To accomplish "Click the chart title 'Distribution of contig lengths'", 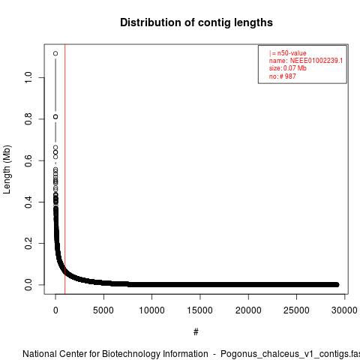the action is pos(196,22).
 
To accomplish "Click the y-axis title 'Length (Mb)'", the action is pos(7,169).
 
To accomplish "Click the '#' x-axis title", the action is pos(196,332).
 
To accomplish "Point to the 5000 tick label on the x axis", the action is pos(103,310).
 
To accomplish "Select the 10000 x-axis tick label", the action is pos(151,310).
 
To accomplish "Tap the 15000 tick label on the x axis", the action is pos(200,310).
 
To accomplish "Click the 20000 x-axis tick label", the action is pos(248,310).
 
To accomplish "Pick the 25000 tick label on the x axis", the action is pos(296,310).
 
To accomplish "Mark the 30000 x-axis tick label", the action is pos(344,310).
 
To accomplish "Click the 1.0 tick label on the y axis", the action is pos(28,77).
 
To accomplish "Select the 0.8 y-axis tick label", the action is pos(28,119).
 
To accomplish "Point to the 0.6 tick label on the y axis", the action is pos(28,160).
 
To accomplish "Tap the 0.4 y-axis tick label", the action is pos(28,202).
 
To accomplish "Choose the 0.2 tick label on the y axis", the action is pos(28,243).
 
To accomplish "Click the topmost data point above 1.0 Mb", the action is pos(55,53).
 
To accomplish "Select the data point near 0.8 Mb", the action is pos(55,117).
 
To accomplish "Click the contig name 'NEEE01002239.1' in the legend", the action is pos(316,61).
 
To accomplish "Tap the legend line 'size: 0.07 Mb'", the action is pos(288,68).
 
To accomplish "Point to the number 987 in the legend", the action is pos(290,76).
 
